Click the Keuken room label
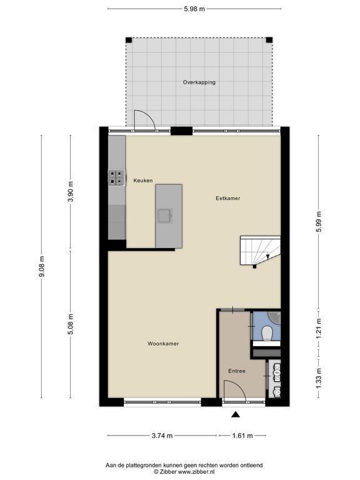point(142,181)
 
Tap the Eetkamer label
point(227,198)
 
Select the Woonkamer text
point(163,344)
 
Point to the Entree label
point(237,371)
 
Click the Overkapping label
point(199,82)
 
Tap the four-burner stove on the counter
point(117,177)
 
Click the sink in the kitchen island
point(165,216)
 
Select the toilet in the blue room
point(267,333)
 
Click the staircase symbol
point(260,251)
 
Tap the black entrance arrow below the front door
point(235,414)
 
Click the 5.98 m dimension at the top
point(194,9)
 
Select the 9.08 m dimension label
point(42,267)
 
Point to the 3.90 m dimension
point(71,192)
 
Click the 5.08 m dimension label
point(71,324)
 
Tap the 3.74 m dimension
point(162,436)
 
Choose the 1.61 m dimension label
point(242,436)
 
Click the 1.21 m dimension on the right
point(319,328)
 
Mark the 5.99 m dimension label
point(319,222)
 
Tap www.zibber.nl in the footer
point(196,472)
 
